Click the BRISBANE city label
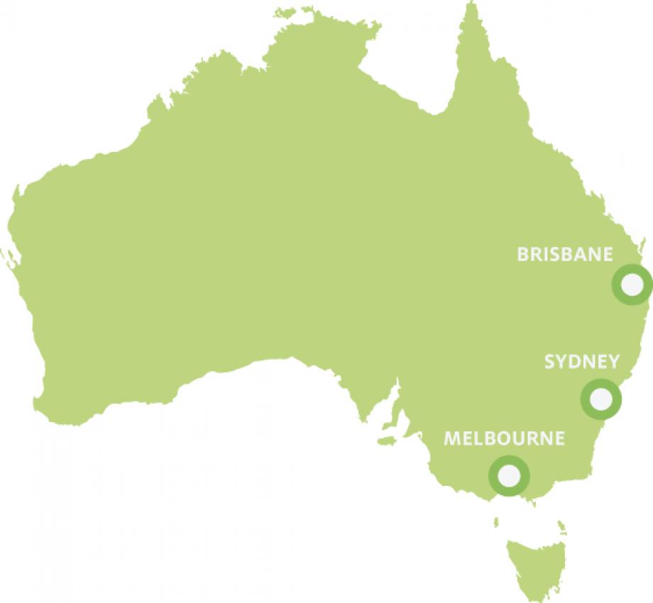(x=564, y=254)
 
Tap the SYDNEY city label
(x=581, y=362)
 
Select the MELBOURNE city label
(x=504, y=438)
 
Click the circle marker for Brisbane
(x=631, y=284)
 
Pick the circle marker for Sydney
(x=600, y=399)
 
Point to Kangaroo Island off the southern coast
(x=386, y=441)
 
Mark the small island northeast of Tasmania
(x=561, y=526)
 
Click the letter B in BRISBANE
(x=522, y=254)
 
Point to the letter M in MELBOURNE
(x=451, y=438)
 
